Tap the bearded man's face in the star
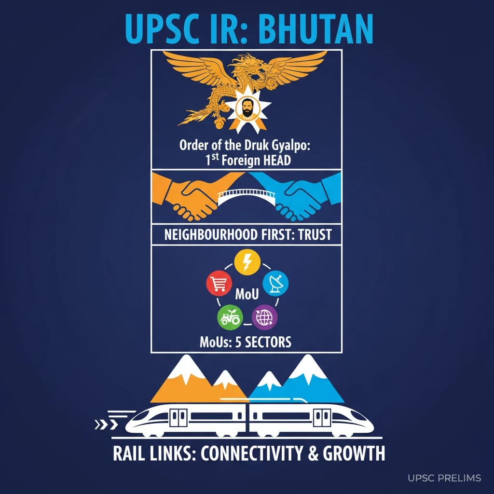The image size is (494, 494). coord(247,109)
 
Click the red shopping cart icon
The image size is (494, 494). coord(216,283)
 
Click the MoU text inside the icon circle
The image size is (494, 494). coord(247,293)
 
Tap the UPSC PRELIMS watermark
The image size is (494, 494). coord(444,478)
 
